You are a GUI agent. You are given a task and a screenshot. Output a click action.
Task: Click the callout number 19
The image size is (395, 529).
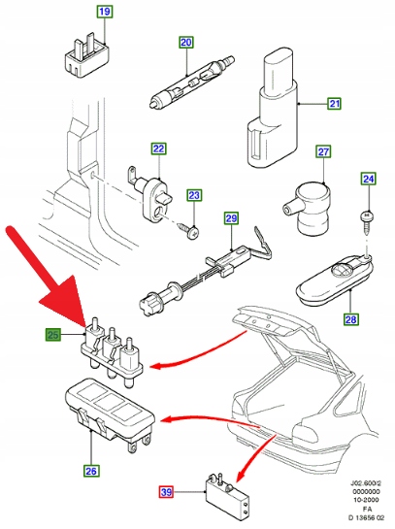tap(105, 12)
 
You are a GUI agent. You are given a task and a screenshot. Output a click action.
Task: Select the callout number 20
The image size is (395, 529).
tap(186, 43)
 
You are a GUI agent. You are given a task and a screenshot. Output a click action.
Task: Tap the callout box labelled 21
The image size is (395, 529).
tap(334, 103)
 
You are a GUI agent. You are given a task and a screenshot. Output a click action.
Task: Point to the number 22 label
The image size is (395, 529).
tap(158, 149)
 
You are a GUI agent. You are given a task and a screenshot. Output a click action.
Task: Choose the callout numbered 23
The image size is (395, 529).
tap(194, 195)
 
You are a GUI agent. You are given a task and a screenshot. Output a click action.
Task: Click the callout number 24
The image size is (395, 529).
tap(369, 179)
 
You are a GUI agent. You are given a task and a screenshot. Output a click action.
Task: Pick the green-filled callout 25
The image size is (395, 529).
tap(53, 335)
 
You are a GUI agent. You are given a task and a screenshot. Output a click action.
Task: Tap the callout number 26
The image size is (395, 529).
tap(91, 471)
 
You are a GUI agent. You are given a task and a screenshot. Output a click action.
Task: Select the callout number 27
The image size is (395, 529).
tap(323, 151)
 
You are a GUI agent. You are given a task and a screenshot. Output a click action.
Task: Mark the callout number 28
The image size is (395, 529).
tap(351, 318)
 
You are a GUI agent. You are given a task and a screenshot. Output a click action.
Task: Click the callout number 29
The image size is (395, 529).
tap(231, 218)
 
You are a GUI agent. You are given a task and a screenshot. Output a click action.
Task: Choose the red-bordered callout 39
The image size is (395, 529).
tap(166, 492)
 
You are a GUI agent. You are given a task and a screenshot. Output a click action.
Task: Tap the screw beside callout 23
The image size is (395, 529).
tap(190, 229)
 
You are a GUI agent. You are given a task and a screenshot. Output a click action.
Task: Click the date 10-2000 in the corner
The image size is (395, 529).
tap(367, 500)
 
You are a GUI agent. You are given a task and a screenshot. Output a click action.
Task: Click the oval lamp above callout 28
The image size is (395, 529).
tap(335, 281)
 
